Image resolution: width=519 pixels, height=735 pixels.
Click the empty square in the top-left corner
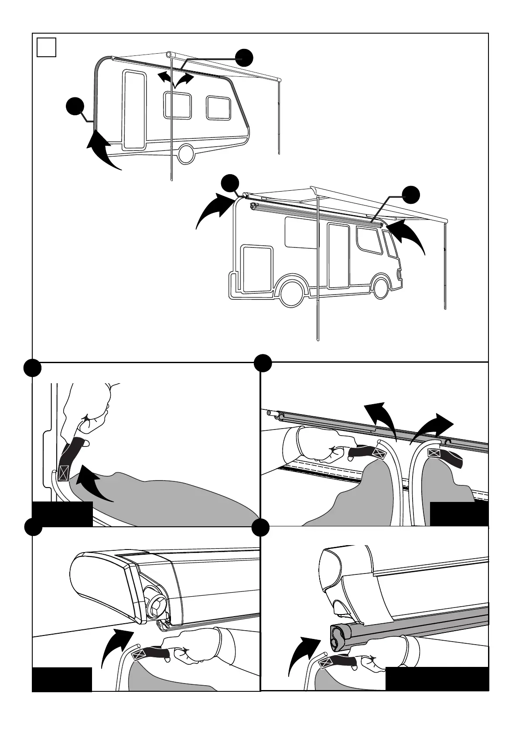(46, 47)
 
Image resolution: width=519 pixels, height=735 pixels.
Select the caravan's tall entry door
(135, 110)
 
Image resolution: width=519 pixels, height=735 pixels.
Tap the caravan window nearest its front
(219, 108)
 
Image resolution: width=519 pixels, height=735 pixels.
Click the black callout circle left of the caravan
(75, 107)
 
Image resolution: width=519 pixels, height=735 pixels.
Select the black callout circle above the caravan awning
(244, 57)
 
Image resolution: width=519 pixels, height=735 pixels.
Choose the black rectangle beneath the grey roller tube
(437, 678)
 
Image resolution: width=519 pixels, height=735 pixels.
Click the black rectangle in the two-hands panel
(459, 514)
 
